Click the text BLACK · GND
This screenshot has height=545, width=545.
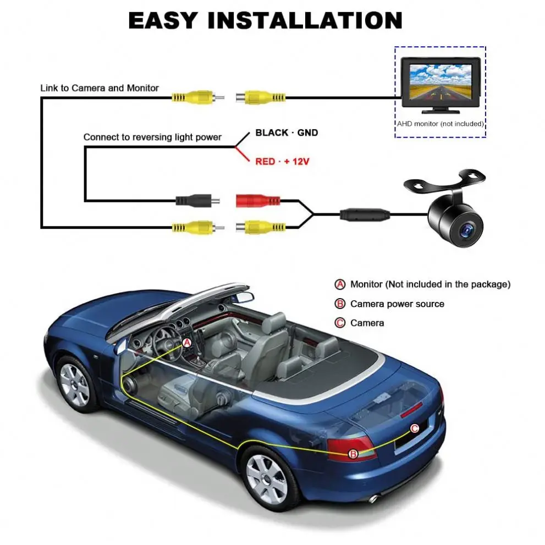287,133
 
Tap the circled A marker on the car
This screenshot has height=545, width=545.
186,343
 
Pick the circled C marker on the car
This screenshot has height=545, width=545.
415,428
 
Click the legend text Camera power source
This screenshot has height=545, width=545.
397,304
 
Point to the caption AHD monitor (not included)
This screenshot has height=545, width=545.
440,124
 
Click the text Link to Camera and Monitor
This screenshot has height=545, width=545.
100,88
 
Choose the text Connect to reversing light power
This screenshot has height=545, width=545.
152,137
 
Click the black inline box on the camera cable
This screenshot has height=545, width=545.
364,213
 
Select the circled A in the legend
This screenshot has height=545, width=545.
340,284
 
